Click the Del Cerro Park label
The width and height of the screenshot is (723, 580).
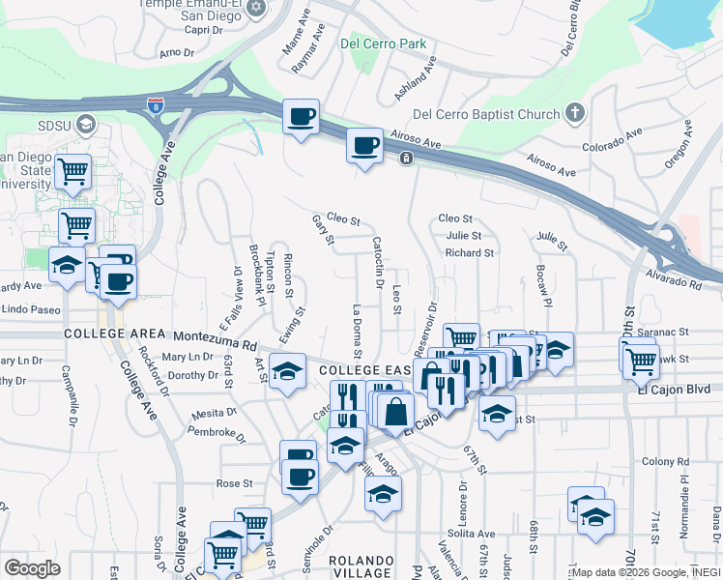[384, 43]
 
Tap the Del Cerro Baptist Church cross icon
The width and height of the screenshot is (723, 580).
[574, 113]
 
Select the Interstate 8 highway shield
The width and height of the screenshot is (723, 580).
[156, 102]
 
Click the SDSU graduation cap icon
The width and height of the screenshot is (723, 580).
[85, 124]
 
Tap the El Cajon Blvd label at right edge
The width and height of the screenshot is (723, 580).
[674, 390]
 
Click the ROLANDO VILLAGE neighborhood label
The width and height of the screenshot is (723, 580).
[361, 568]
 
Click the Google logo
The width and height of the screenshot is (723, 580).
[33, 568]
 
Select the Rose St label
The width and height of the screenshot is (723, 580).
[235, 483]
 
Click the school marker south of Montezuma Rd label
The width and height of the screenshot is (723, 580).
[287, 372]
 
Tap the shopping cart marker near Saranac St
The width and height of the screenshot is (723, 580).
[641, 361]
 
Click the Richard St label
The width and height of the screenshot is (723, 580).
[470, 253]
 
